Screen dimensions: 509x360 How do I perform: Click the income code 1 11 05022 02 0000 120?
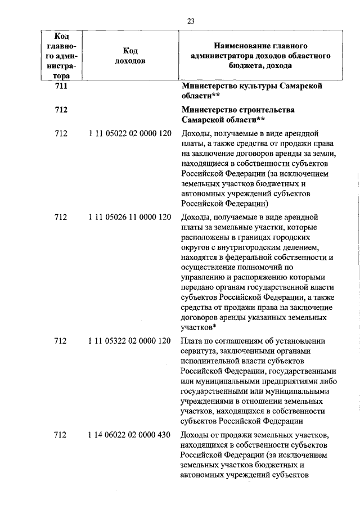pyautogui.click(x=129, y=134)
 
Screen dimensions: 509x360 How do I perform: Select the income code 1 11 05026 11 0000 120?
pyautogui.click(x=129, y=217)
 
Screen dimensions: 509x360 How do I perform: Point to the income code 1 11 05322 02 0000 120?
pyautogui.click(x=129, y=341)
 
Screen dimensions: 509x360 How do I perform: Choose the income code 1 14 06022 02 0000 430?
pyautogui.click(x=129, y=435)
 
